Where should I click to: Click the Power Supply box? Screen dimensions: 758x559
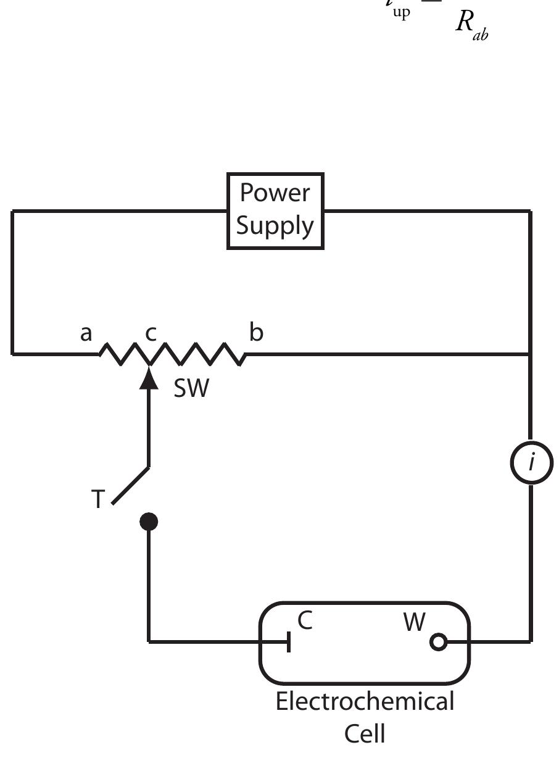[275, 211]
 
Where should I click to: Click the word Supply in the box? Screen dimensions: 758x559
[275, 226]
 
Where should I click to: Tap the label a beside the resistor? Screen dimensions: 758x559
[86, 333]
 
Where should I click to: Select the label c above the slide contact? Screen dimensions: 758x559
[151, 333]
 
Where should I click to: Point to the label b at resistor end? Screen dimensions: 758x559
[256, 333]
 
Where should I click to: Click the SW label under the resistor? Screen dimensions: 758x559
[192, 389]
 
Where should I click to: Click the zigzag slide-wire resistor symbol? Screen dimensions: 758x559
[173, 354]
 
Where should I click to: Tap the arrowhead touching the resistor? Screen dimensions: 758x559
[149, 378]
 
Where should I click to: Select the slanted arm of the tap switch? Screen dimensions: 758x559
[130, 485]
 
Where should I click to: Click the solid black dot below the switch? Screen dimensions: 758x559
[149, 522]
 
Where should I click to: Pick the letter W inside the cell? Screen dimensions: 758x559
[415, 622]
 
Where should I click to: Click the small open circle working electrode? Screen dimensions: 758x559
[438, 643]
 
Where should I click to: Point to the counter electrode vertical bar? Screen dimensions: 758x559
[289, 643]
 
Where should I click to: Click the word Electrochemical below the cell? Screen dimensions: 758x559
[365, 702]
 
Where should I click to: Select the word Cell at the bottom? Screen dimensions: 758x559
[365, 734]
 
